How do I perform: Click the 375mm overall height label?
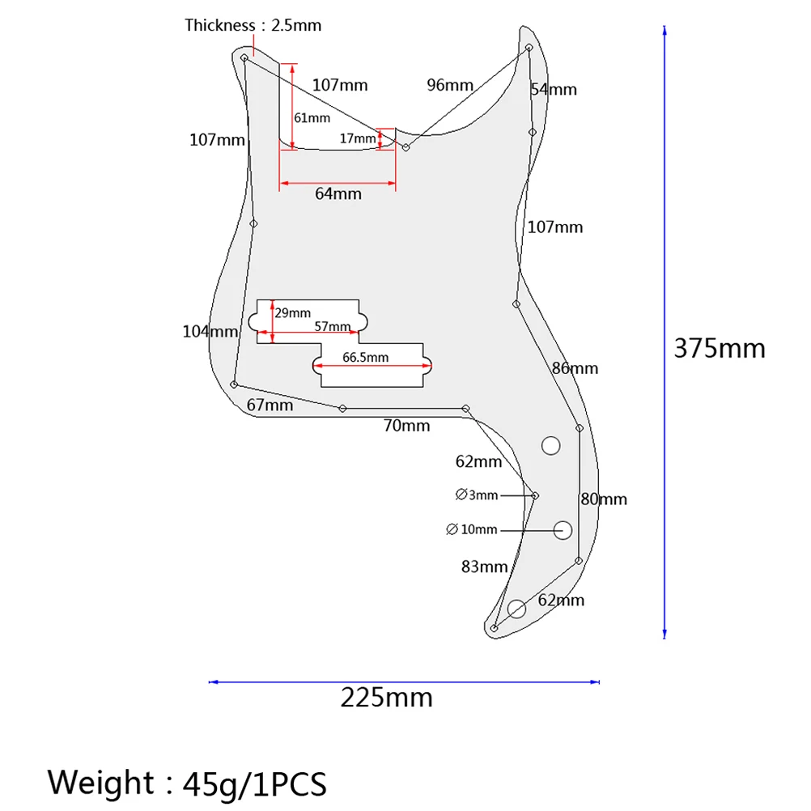tap(720, 348)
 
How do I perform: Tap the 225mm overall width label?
tap(386, 698)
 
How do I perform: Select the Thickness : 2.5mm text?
tap(253, 25)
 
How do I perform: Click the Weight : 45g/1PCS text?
tap(187, 782)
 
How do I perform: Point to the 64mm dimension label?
tap(338, 194)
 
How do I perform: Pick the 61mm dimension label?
tap(312, 118)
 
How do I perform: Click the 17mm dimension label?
tap(358, 138)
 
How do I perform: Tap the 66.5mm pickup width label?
tap(365, 358)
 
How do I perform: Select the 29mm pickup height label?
tap(293, 313)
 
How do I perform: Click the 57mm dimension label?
tap(333, 326)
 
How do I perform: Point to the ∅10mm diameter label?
tap(472, 529)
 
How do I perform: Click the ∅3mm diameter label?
tap(477, 495)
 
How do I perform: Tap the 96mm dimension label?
tap(450, 85)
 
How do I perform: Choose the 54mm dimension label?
tap(554, 90)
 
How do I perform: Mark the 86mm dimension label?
tap(575, 368)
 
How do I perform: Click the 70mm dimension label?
tap(406, 426)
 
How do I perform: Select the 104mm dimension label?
tap(210, 332)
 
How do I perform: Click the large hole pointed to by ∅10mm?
tap(563, 530)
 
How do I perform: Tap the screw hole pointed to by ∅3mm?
tap(535, 495)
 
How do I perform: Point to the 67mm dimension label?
tap(270, 405)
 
